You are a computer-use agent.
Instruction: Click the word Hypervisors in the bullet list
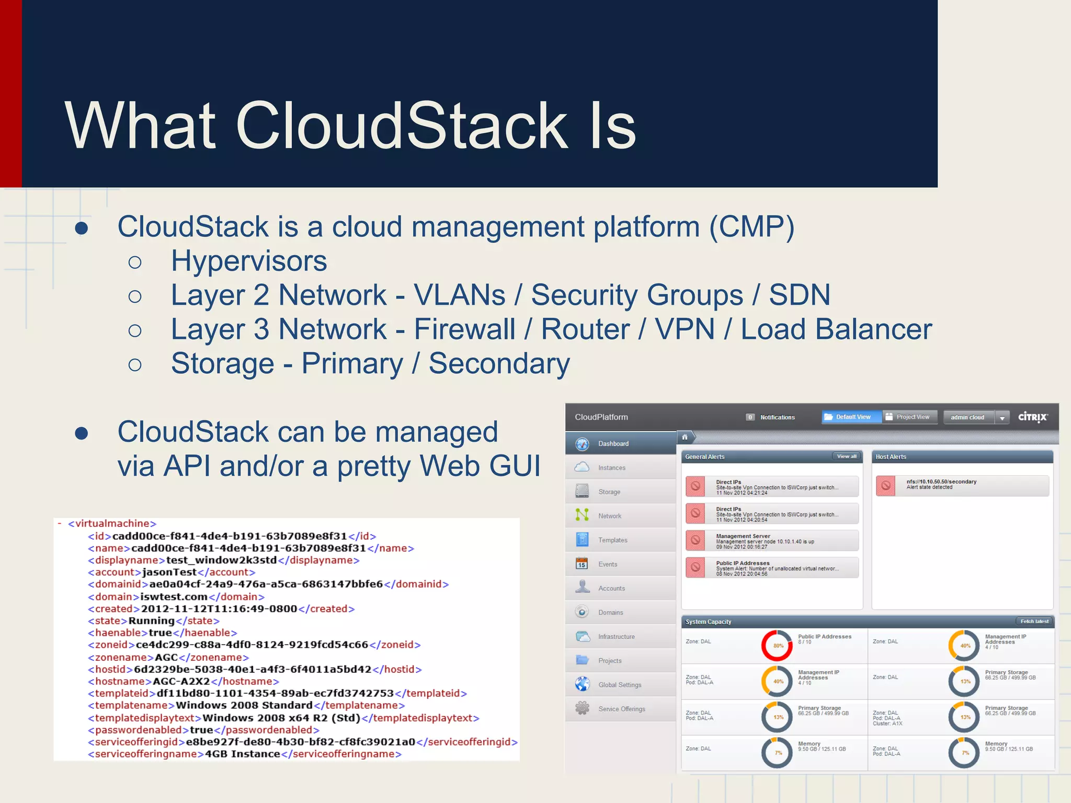pos(249,261)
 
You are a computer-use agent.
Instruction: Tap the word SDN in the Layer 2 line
pos(799,295)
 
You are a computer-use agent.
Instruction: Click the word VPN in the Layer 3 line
pos(685,329)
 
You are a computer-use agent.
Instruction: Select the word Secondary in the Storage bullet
pos(499,363)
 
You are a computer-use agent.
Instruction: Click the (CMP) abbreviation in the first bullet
pos(751,227)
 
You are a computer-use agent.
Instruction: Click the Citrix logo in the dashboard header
pos(1032,417)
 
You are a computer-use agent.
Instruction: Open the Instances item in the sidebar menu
pos(611,468)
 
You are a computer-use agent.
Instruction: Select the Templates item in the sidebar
pos(612,540)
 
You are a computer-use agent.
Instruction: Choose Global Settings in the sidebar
pos(619,685)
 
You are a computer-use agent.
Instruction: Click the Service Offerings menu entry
pos(621,709)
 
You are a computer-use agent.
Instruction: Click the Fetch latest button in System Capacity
pos(1034,622)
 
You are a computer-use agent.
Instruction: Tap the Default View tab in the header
pos(852,417)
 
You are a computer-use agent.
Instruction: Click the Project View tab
pos(912,417)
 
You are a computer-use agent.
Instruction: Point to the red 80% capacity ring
pos(777,646)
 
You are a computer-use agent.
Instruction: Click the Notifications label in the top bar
pos(777,417)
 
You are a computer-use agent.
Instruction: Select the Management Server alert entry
pos(772,541)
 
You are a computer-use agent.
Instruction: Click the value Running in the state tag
pos(151,621)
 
